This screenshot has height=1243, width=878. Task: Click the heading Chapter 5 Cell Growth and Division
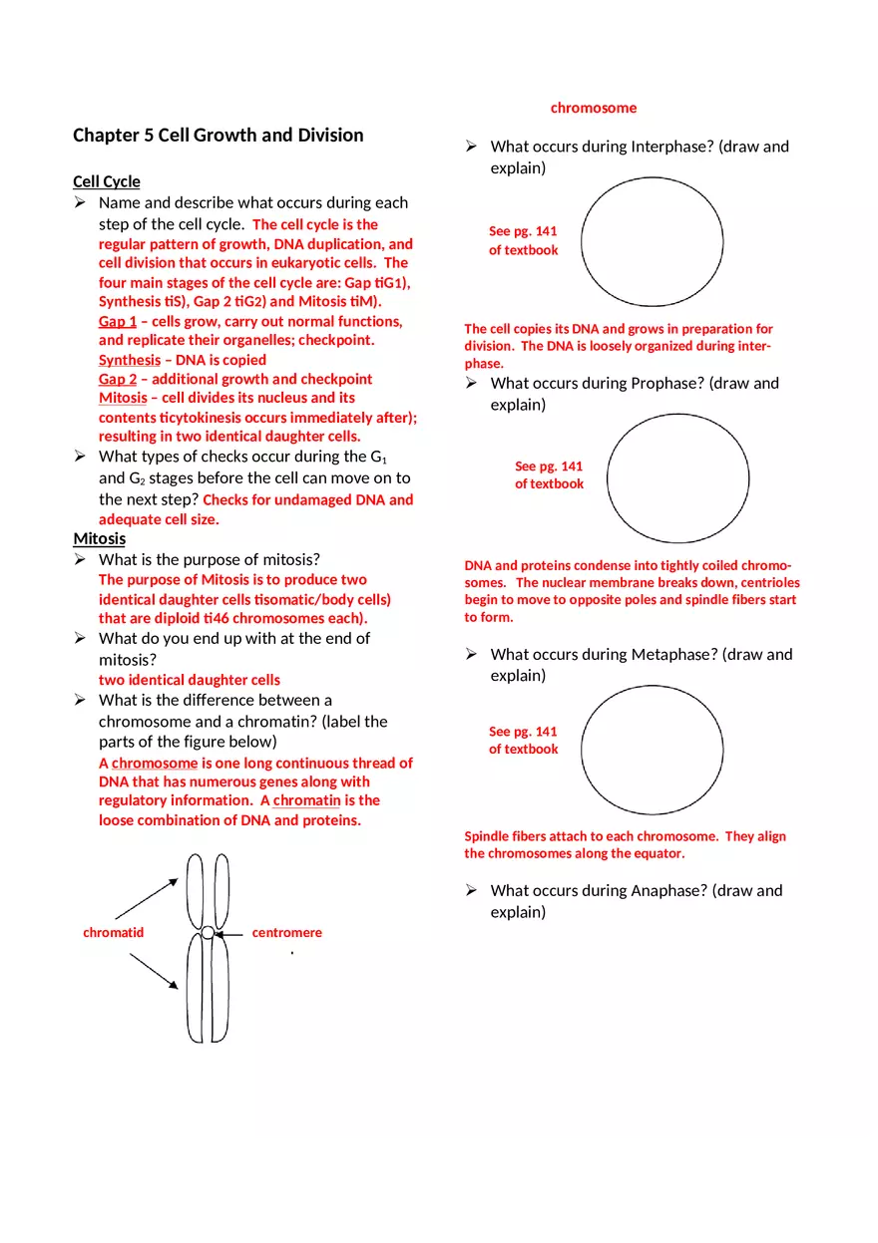(218, 136)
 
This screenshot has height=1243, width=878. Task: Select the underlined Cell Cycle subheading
(107, 181)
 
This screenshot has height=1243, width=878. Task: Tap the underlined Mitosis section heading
(100, 539)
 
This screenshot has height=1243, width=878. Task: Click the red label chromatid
(113, 933)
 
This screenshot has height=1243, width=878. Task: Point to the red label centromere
(286, 933)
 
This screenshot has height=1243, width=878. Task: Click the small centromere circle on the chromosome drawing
(207, 933)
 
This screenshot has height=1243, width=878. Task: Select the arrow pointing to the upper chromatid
(147, 898)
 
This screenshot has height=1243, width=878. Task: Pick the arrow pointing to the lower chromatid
(154, 971)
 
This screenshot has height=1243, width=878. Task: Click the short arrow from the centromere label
(230, 934)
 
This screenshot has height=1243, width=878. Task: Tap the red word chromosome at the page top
(593, 108)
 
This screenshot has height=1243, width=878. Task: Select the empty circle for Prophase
(677, 478)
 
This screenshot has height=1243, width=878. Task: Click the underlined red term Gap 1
(118, 322)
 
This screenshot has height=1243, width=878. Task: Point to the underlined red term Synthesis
(129, 360)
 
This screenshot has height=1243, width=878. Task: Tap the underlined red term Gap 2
(118, 379)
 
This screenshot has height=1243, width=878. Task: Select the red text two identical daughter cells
(189, 680)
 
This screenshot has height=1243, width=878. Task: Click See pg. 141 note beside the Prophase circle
(549, 474)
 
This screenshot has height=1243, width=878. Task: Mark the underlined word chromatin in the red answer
(306, 800)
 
